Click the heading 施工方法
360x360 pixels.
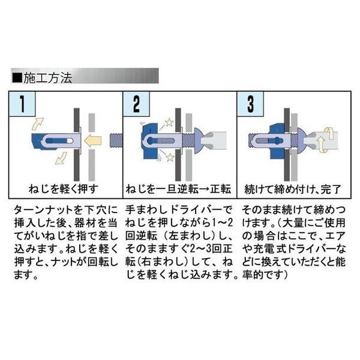coord(48,78)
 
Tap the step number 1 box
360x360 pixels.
coord(22,104)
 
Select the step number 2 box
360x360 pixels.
coord(136,104)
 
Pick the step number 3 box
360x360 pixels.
coord(250,104)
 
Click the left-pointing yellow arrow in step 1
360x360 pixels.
coord(92,140)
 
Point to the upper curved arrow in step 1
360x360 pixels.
coord(38,124)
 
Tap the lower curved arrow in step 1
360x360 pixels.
coord(61,158)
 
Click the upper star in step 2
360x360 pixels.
coord(169,122)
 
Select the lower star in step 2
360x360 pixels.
coord(170,157)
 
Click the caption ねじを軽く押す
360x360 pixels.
coord(64,189)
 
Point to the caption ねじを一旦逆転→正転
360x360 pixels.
coord(178,189)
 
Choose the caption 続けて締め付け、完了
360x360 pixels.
coord(293,189)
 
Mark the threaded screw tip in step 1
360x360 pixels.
coord(116,140)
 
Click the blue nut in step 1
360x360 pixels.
coord(44,140)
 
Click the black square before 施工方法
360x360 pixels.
coord(17,78)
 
